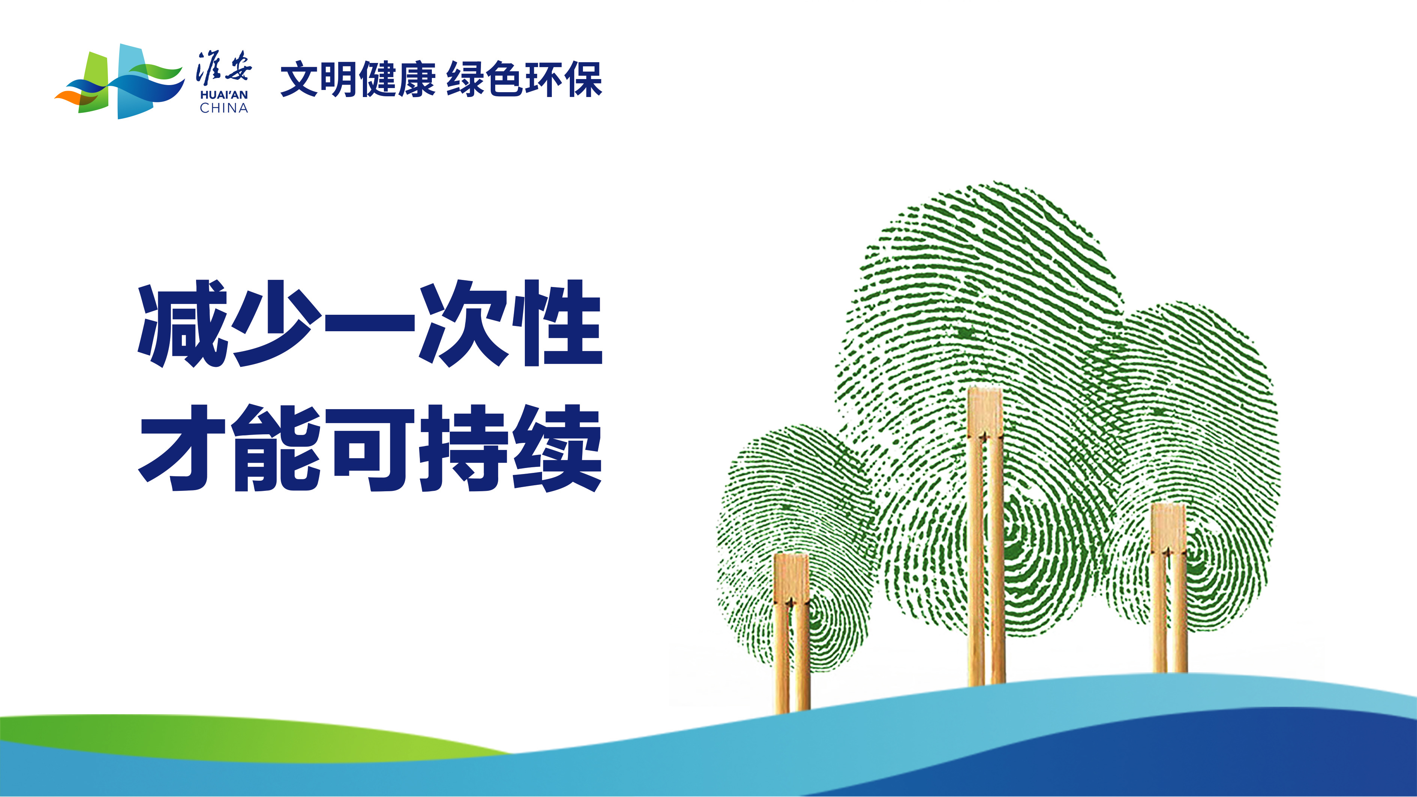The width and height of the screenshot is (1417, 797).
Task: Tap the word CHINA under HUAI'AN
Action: click(224, 108)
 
